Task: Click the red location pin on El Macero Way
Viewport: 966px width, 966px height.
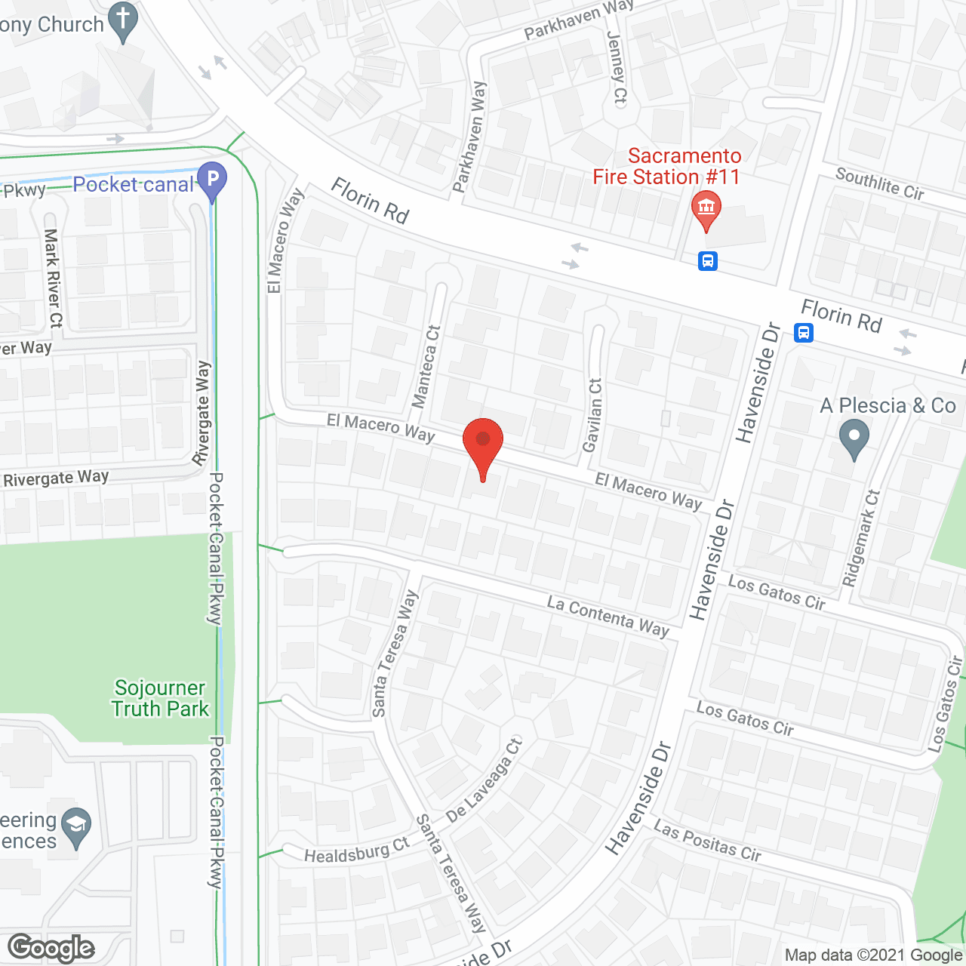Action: pyautogui.click(x=482, y=445)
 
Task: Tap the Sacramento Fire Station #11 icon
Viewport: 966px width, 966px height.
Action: pyautogui.click(x=706, y=208)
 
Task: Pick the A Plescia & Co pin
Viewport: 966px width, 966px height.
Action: pyautogui.click(x=854, y=438)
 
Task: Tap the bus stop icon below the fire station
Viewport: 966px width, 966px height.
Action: pyautogui.click(x=707, y=261)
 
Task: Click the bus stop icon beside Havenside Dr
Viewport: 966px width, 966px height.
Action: pyautogui.click(x=804, y=332)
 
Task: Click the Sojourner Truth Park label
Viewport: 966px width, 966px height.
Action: pyautogui.click(x=160, y=698)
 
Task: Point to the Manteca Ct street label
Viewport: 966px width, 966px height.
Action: pyautogui.click(x=427, y=367)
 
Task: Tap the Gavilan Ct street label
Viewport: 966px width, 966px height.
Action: pyautogui.click(x=593, y=415)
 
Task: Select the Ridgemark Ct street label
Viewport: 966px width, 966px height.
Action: pyautogui.click(x=862, y=537)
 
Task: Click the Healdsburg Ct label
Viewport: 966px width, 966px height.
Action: pyautogui.click(x=356, y=851)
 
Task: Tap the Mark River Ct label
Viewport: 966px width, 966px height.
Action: pyautogui.click(x=53, y=278)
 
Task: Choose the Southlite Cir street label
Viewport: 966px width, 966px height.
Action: pyautogui.click(x=880, y=184)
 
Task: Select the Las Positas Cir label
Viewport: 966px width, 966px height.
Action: pyautogui.click(x=707, y=841)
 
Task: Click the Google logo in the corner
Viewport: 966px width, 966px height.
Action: pyautogui.click(x=51, y=948)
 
